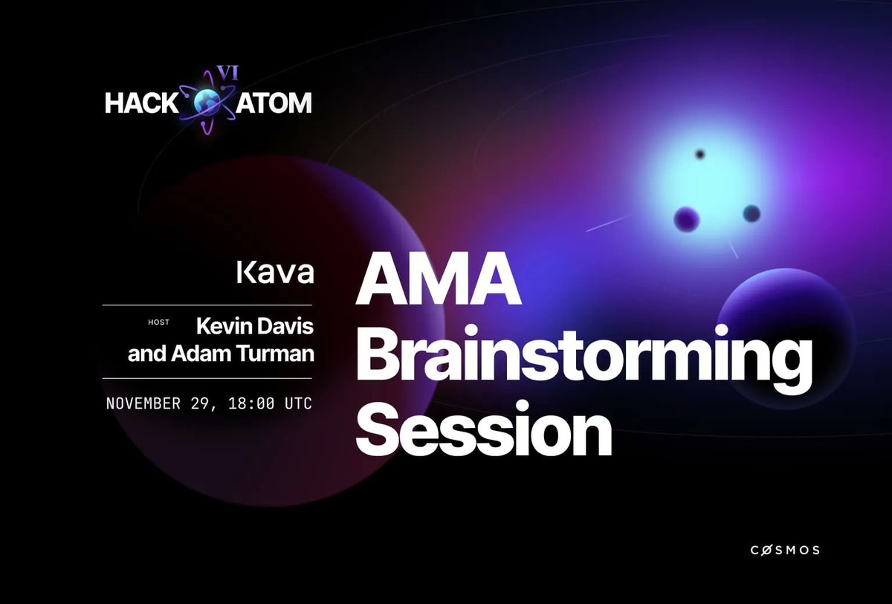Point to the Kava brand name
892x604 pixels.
(275, 273)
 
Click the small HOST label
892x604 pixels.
(159, 322)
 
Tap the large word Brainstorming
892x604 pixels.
(584, 359)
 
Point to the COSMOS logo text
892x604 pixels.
(783, 550)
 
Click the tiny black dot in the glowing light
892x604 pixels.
(699, 155)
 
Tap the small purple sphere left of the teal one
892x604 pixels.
(687, 219)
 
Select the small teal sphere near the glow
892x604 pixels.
(751, 213)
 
